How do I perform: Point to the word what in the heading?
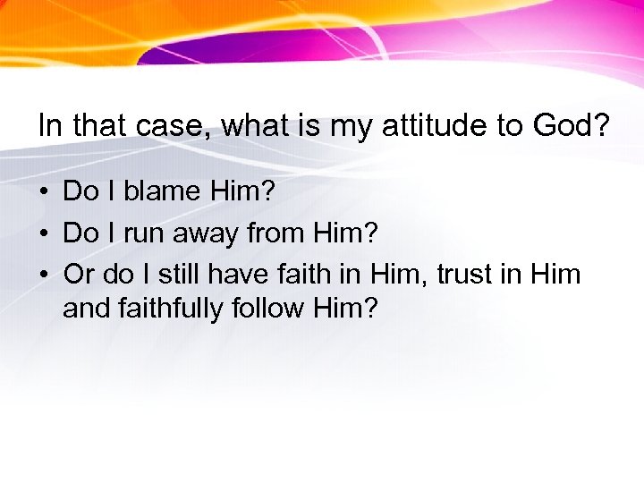click(x=256, y=125)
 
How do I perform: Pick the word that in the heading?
click(x=99, y=125)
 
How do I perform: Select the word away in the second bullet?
click(x=208, y=233)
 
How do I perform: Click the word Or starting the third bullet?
click(x=78, y=275)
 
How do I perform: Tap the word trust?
click(x=465, y=275)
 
